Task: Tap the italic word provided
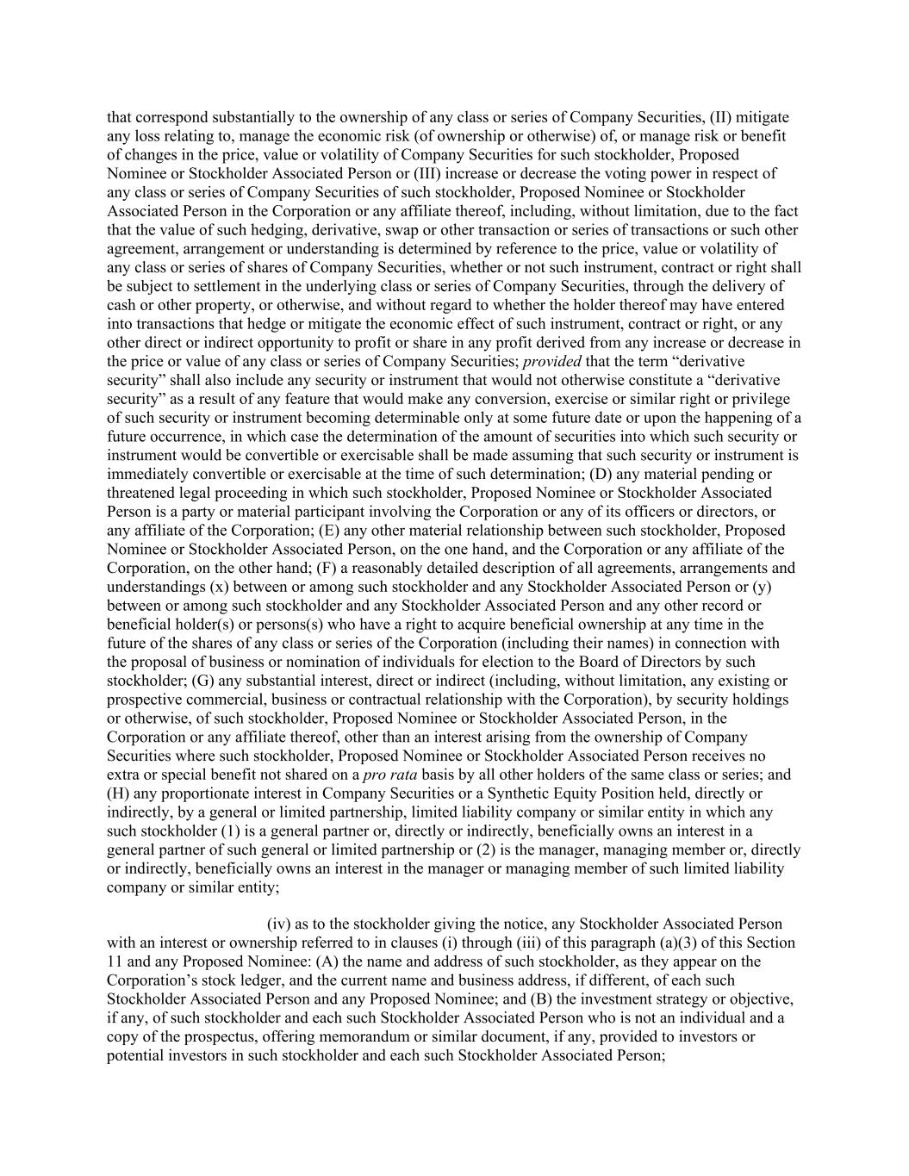point(551,362)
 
